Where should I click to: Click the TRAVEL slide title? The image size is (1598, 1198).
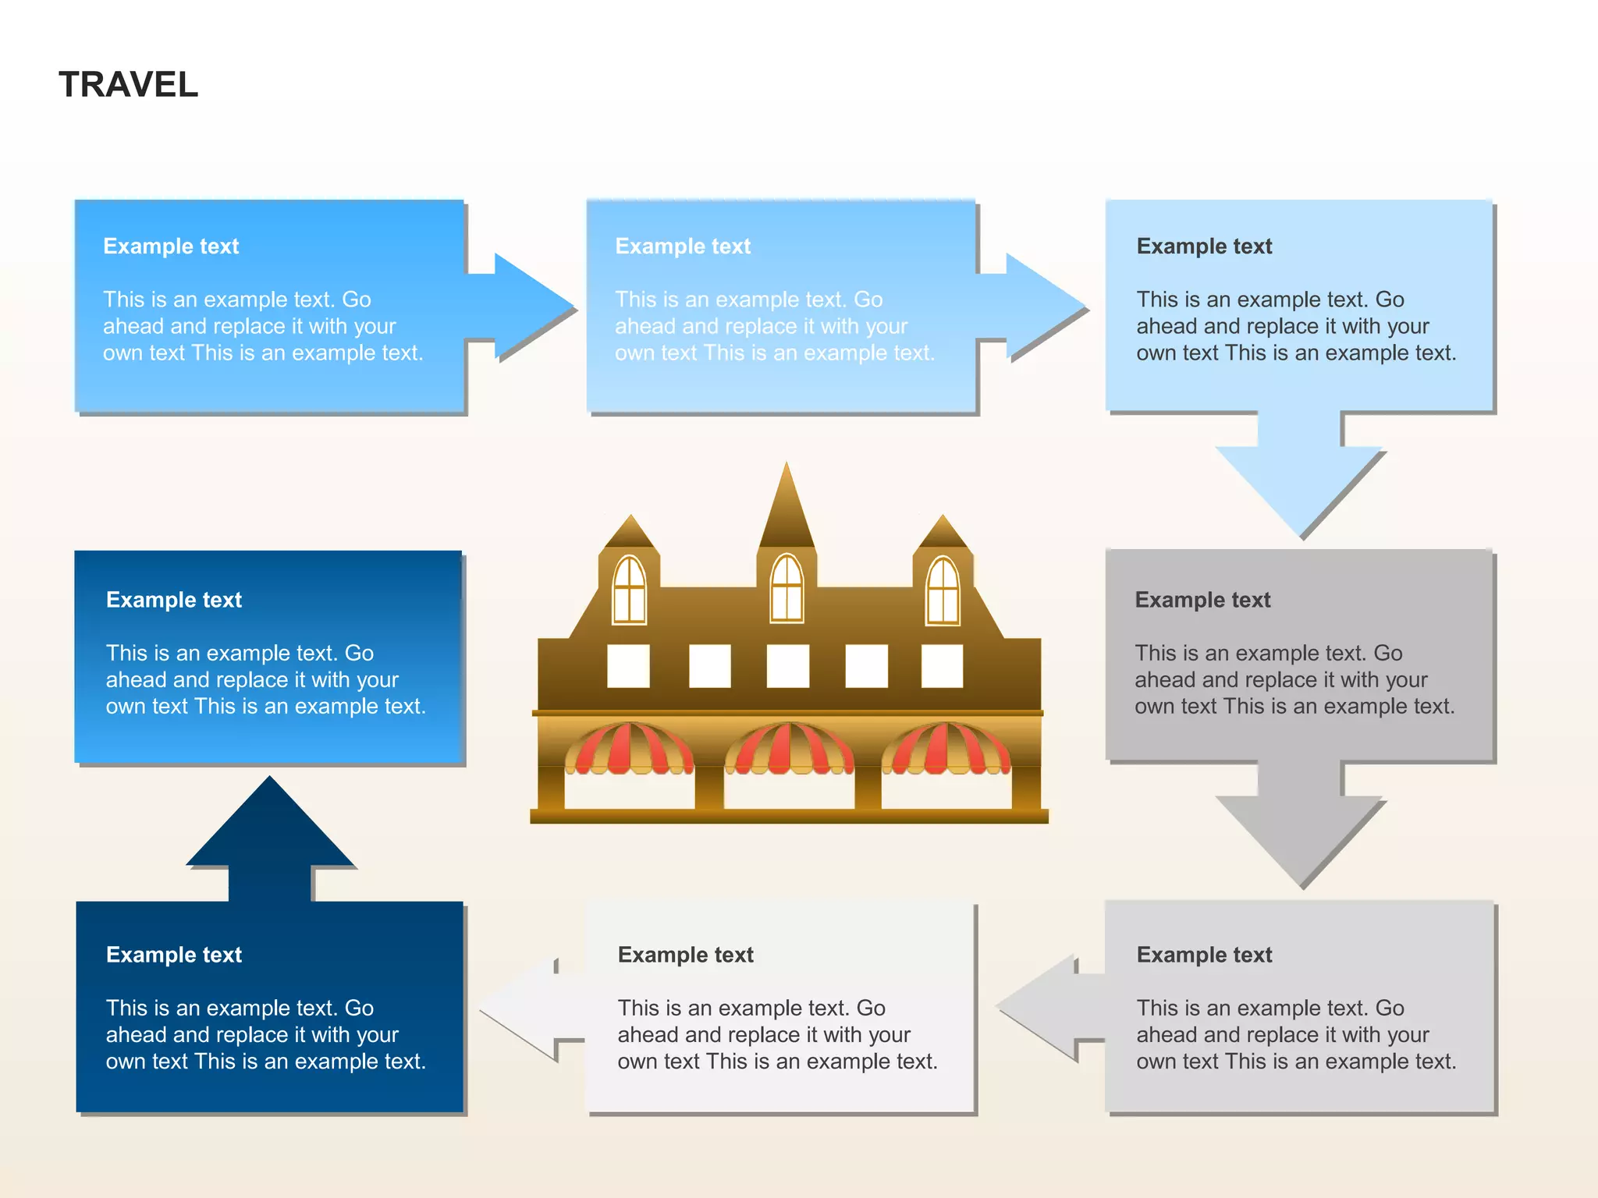(129, 84)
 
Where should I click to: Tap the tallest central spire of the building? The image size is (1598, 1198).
(787, 507)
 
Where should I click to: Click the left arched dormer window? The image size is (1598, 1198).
(630, 590)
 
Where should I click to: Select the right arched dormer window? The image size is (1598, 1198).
(943, 590)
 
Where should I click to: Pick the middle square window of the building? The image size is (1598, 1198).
(787, 666)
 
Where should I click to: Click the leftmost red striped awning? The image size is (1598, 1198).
(629, 748)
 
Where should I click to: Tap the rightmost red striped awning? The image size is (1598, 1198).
(946, 748)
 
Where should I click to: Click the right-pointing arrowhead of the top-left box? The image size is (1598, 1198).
(531, 307)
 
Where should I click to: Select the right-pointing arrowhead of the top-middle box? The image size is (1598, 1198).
(1042, 307)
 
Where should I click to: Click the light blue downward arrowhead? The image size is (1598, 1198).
(1301, 487)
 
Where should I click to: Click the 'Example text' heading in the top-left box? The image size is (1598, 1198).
(171, 246)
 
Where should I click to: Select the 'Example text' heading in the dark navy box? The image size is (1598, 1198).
(174, 955)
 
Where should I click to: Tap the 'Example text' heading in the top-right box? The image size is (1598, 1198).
(1204, 246)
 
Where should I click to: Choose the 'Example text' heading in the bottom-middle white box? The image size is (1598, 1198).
(685, 955)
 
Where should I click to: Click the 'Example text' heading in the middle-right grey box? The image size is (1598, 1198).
(1202, 600)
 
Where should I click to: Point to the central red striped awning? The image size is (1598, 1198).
(789, 748)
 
